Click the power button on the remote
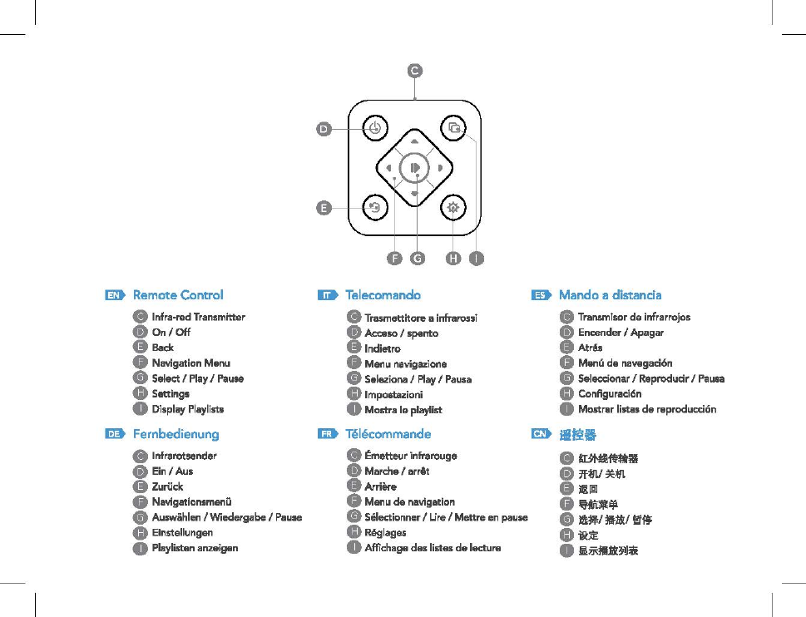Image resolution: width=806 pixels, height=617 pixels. pyautogui.click(x=375, y=128)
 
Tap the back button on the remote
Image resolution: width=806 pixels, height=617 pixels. pyautogui.click(x=375, y=208)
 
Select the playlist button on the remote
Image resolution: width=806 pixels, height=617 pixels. pyautogui.click(x=453, y=128)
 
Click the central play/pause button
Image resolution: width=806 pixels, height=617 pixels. pyautogui.click(x=414, y=169)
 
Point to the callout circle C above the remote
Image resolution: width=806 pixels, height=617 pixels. pyautogui.click(x=414, y=71)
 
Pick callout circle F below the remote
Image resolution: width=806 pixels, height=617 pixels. pyautogui.click(x=394, y=258)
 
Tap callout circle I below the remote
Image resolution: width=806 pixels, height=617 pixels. pyautogui.click(x=475, y=258)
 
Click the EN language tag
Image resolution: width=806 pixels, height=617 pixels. pyautogui.click(x=116, y=295)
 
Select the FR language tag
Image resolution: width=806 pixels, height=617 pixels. pyautogui.click(x=329, y=434)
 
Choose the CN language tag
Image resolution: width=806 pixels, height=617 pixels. pyautogui.click(x=541, y=434)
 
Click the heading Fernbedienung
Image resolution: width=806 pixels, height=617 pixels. pyautogui.click(x=176, y=434)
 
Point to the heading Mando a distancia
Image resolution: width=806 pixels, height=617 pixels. pyautogui.click(x=610, y=295)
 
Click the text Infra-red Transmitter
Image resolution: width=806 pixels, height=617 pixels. pyautogui.click(x=198, y=317)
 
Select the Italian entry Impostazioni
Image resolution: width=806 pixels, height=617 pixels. pyautogui.click(x=393, y=394)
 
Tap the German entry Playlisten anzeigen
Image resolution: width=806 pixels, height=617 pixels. pyautogui.click(x=195, y=548)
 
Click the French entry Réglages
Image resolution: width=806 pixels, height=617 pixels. pyautogui.click(x=385, y=532)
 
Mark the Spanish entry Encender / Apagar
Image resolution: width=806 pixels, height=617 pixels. pyautogui.click(x=621, y=333)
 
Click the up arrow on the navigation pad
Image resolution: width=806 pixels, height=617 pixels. pyautogui.click(x=414, y=141)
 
